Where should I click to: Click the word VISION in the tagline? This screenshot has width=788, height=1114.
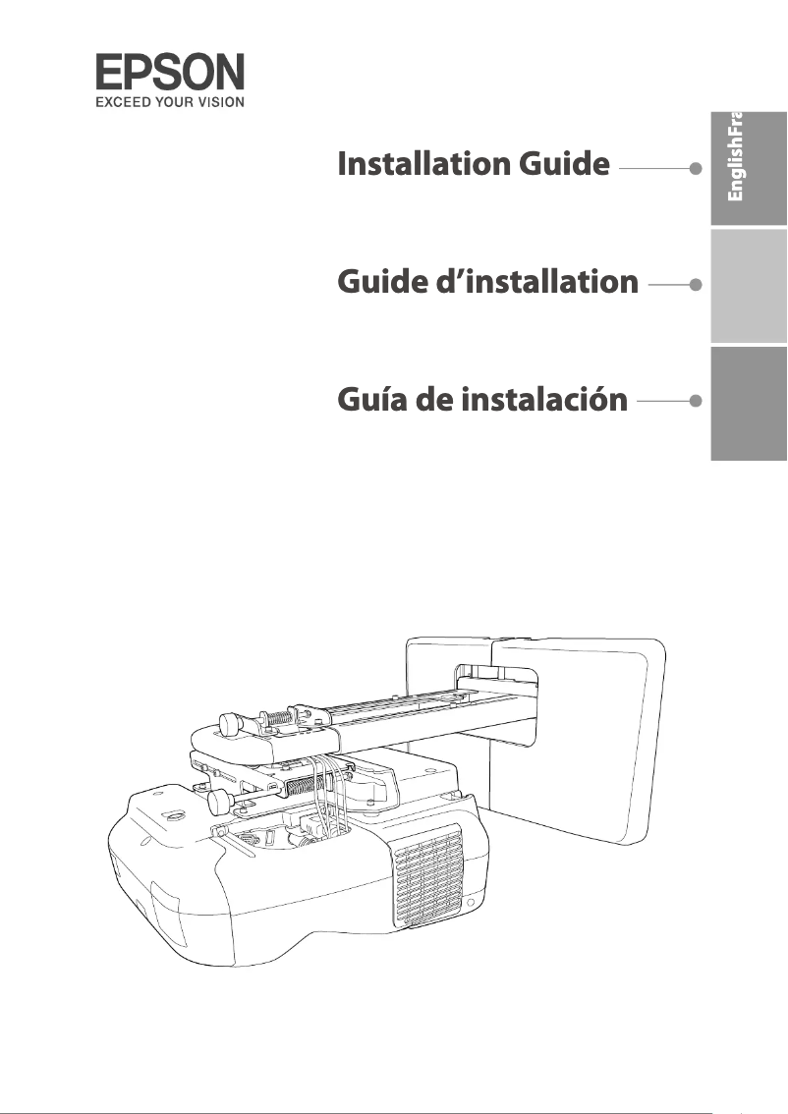(217, 100)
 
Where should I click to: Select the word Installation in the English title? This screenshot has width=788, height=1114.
(423, 165)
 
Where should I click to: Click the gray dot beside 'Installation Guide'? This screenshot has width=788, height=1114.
(696, 168)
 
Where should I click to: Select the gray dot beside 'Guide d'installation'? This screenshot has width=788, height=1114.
(696, 285)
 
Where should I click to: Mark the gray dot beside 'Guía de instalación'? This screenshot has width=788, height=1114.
(696, 401)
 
